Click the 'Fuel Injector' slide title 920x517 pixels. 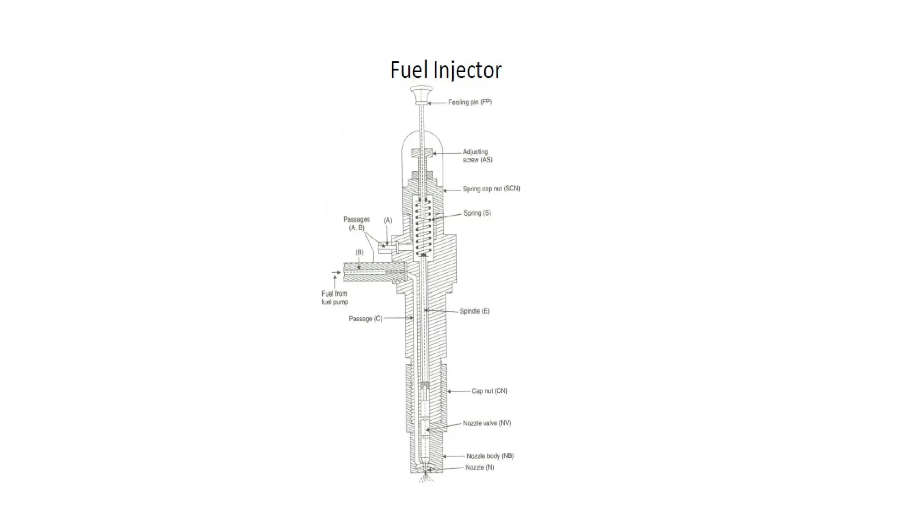[x=446, y=70]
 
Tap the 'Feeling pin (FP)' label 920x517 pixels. [x=470, y=102]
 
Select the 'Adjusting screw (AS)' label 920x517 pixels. [x=477, y=156]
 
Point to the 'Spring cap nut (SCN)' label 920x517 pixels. [x=491, y=189]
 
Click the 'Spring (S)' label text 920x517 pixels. [x=477, y=213]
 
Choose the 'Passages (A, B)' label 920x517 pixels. [x=357, y=223]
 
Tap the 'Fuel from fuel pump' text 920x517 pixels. [x=335, y=298]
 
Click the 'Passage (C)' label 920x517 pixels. [x=365, y=319]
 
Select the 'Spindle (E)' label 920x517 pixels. [x=474, y=311]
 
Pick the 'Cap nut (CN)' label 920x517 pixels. [x=489, y=391]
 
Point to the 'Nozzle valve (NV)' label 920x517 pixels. [x=487, y=423]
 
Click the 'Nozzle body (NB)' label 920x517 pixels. [x=490, y=456]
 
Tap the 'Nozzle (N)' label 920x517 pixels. [x=479, y=468]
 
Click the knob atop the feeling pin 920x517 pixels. [x=421, y=93]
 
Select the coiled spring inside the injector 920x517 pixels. [x=423, y=227]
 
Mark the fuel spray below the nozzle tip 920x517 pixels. [x=426, y=479]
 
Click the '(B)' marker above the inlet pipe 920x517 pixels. [x=359, y=252]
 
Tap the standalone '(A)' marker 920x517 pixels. [x=388, y=220]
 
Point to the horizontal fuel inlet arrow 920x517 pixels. [x=336, y=272]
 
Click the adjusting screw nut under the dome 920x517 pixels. [x=422, y=153]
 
